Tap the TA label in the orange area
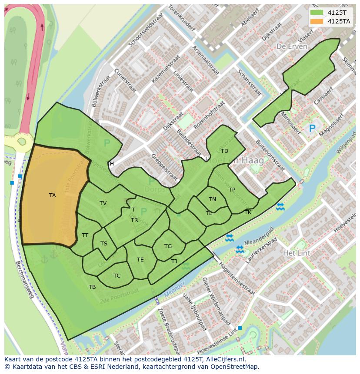[x=52, y=195]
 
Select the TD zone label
[x=224, y=151]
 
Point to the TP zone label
[x=232, y=190]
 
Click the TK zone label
[x=248, y=212]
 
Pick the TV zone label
[x=103, y=203]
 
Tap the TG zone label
[x=168, y=246]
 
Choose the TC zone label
[x=117, y=276]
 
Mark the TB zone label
[x=92, y=287]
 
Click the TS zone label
[x=103, y=244]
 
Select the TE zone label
[x=140, y=260]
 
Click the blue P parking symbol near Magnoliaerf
[x=312, y=129]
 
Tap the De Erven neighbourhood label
[x=292, y=46]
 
